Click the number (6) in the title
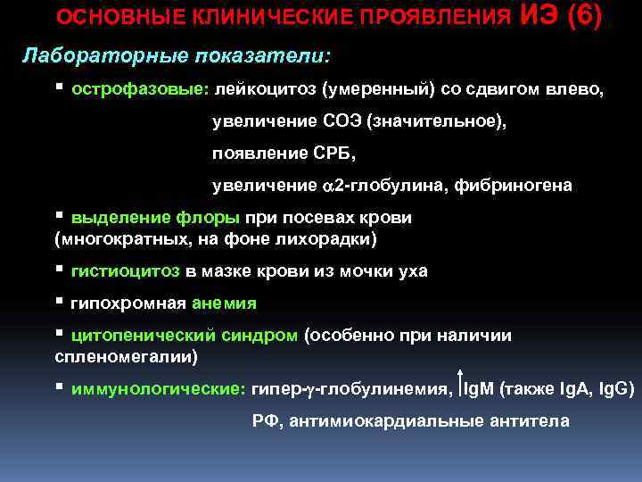582,15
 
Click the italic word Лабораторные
82,55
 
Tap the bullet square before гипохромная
59,302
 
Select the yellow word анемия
224,303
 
